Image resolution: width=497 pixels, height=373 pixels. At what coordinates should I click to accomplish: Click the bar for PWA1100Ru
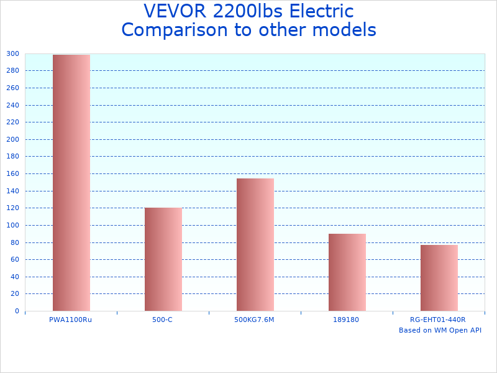click(x=71, y=183)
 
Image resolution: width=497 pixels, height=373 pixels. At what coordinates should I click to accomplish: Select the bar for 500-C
click(x=163, y=259)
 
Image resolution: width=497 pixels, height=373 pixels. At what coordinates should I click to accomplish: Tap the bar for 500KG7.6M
click(x=255, y=244)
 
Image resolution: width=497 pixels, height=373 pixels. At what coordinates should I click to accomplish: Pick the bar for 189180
click(x=347, y=272)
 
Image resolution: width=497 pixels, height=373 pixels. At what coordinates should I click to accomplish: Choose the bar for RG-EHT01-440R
click(x=439, y=278)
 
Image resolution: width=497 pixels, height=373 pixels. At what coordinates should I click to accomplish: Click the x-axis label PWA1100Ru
click(x=70, y=320)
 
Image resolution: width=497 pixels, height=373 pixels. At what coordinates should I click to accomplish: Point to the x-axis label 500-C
click(x=162, y=320)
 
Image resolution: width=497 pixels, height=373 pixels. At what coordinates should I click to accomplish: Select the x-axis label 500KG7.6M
click(x=255, y=320)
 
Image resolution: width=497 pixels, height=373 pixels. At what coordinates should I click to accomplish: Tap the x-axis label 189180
click(x=347, y=320)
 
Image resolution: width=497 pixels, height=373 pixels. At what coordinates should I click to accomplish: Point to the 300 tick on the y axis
click(x=13, y=53)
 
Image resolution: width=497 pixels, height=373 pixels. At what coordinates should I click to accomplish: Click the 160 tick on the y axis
click(x=13, y=173)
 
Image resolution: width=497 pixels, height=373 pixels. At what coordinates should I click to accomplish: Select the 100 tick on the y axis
click(x=13, y=225)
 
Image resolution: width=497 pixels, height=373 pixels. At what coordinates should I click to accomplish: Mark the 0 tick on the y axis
click(x=17, y=311)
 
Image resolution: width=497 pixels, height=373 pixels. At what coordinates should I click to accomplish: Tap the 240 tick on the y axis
click(x=13, y=105)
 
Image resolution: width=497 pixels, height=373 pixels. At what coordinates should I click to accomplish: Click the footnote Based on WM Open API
click(x=440, y=330)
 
